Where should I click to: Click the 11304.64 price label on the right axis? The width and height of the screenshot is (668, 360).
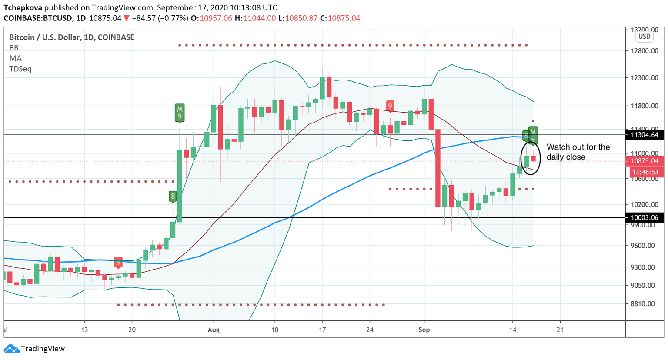tap(645, 135)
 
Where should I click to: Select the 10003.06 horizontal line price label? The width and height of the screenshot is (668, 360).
tap(645, 217)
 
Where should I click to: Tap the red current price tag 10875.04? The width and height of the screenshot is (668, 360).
tap(645, 161)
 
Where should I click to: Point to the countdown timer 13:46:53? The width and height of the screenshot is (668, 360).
tap(645, 172)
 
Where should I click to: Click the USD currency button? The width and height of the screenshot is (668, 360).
tap(644, 37)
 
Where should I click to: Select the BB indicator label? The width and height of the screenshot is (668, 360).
tap(14, 48)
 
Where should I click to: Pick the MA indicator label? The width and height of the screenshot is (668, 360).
tap(15, 58)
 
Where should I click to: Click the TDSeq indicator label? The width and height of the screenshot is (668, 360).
tap(20, 69)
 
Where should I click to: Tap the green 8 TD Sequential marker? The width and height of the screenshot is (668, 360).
tap(173, 197)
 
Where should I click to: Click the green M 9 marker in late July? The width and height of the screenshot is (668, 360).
tap(180, 113)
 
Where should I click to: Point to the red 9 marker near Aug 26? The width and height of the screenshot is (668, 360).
tap(390, 106)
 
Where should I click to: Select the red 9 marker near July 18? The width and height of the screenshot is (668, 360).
tap(118, 263)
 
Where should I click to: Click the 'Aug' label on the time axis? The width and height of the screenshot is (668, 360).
tap(214, 330)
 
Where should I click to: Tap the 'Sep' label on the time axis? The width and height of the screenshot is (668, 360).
tap(424, 330)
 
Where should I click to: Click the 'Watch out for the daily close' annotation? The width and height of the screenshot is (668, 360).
tap(578, 152)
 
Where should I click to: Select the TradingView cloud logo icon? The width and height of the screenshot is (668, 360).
tap(11, 349)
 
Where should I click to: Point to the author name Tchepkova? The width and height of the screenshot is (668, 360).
tap(23, 7)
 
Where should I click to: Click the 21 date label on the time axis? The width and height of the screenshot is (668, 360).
tap(560, 330)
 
